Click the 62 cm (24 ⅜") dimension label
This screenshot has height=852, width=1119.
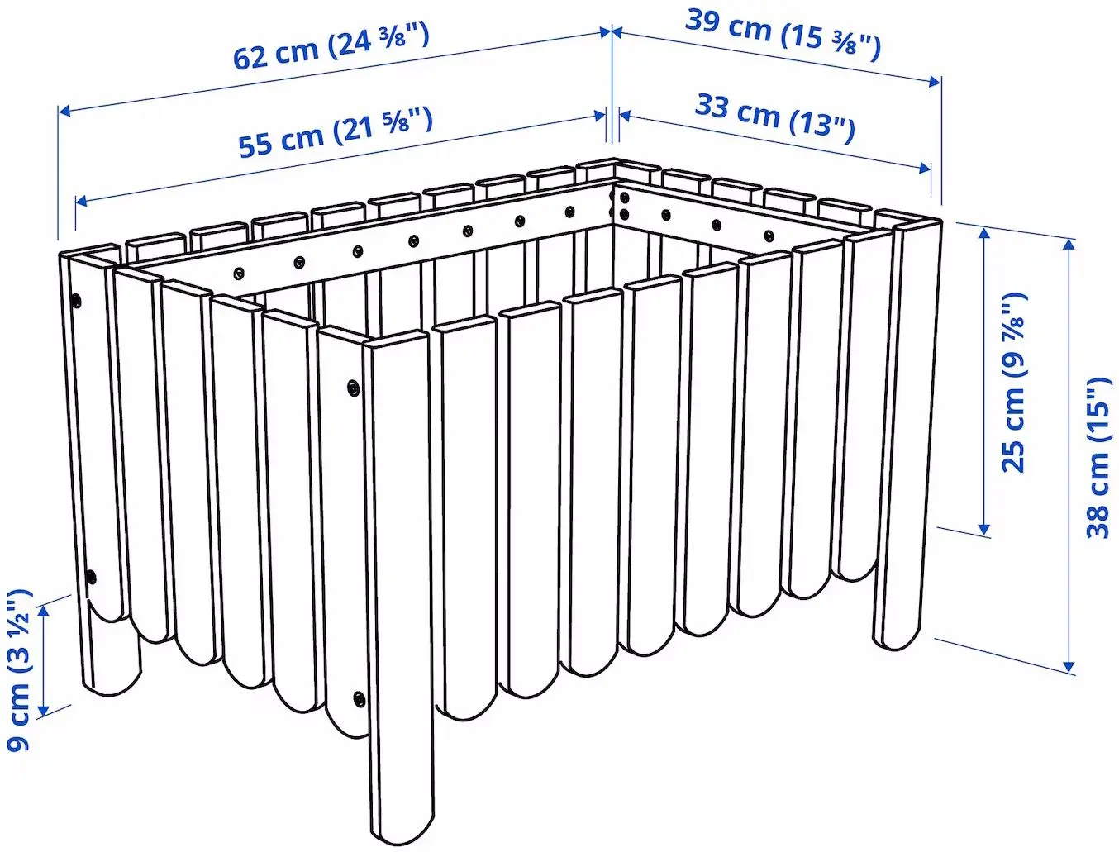[331, 48]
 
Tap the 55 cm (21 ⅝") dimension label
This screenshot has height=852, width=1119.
[336, 132]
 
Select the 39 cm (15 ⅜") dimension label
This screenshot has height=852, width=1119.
[783, 35]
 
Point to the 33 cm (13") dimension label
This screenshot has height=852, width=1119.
[774, 117]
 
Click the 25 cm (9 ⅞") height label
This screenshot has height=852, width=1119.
[1014, 382]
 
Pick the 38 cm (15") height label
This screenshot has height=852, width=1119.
[1098, 457]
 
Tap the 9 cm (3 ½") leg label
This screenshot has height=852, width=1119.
[19, 669]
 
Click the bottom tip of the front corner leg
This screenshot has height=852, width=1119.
[401, 831]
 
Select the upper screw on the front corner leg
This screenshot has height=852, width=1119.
[353, 386]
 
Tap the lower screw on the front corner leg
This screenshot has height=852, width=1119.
[358, 698]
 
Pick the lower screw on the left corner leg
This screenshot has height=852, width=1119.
[91, 576]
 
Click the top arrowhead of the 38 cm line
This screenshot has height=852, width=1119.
[1069, 243]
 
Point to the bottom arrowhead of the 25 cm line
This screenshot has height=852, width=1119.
[983, 529]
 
